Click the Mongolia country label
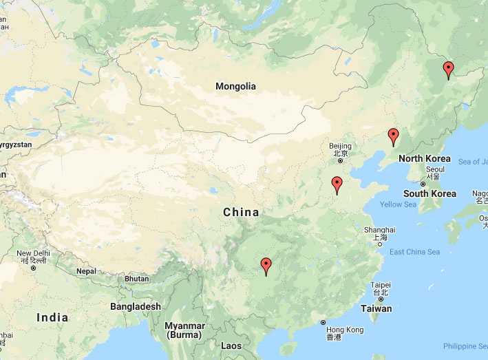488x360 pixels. coord(235,87)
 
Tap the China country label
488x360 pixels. coord(241,213)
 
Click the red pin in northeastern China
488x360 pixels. coord(448,70)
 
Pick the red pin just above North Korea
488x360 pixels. coord(393,136)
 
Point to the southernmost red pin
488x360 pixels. coord(266,266)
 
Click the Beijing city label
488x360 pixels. coord(340,146)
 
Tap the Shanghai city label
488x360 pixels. coord(379,230)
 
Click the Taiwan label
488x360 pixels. coord(376,309)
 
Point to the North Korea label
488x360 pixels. coord(425,159)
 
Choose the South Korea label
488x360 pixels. coord(429,193)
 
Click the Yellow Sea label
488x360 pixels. coord(398,204)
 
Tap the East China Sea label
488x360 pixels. coord(414,252)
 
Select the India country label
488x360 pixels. coord(52,317)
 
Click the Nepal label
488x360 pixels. coord(86,271)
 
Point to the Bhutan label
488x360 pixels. coord(137,279)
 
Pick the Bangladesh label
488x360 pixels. coord(136,306)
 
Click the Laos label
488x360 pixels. coord(232,346)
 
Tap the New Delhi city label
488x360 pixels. coord(32,253)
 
